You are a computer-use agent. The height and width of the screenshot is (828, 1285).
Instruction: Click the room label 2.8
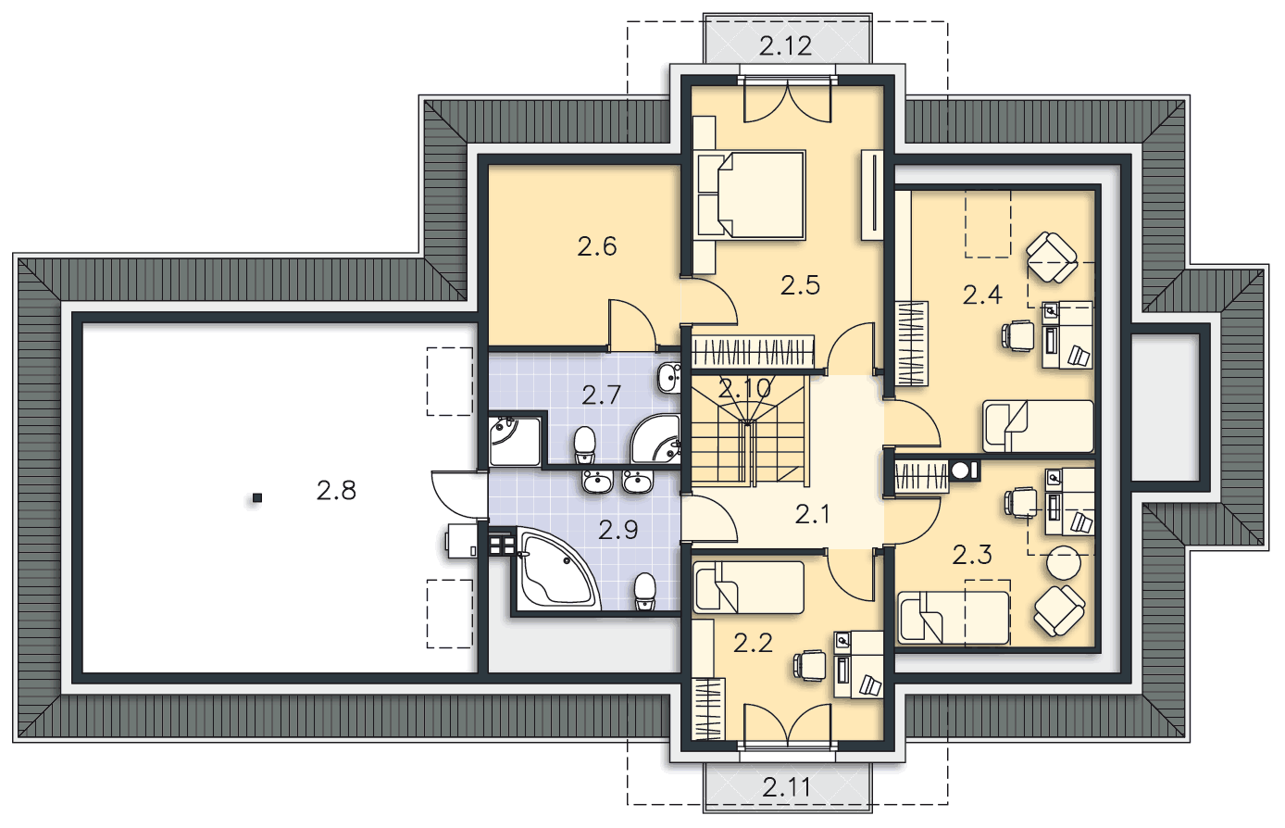coord(336,491)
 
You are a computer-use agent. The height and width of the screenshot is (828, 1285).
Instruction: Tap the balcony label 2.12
coord(786,46)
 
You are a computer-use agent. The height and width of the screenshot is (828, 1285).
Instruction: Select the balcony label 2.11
coord(787,788)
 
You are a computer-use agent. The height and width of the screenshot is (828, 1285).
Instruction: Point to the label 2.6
coord(596,246)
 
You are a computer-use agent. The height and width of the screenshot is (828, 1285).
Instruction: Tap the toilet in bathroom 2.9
coord(645,592)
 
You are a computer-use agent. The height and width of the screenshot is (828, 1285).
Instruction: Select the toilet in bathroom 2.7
coord(585,445)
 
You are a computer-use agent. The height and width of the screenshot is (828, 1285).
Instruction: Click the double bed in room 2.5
coord(749,194)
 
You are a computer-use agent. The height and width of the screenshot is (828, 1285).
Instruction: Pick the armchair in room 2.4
coord(1052,257)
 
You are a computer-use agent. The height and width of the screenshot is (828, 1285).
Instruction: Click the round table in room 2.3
coord(1064,563)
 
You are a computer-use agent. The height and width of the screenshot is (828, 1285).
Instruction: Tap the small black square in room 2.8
coord(257,498)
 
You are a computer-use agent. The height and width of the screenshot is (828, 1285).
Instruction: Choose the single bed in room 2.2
coord(749,587)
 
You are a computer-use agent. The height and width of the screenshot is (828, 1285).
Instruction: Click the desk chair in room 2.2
coord(810,666)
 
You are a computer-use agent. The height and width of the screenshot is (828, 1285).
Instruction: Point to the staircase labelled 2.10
coord(749,431)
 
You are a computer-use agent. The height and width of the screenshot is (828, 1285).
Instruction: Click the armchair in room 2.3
coord(1059,610)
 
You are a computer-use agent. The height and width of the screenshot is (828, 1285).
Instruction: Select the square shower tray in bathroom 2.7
coord(515,441)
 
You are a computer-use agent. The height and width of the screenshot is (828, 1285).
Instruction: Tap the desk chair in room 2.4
coord(1018,335)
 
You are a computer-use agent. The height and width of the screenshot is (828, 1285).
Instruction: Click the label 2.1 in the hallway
coord(812,515)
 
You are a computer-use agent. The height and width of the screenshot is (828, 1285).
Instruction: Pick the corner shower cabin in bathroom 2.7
coord(655,438)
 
